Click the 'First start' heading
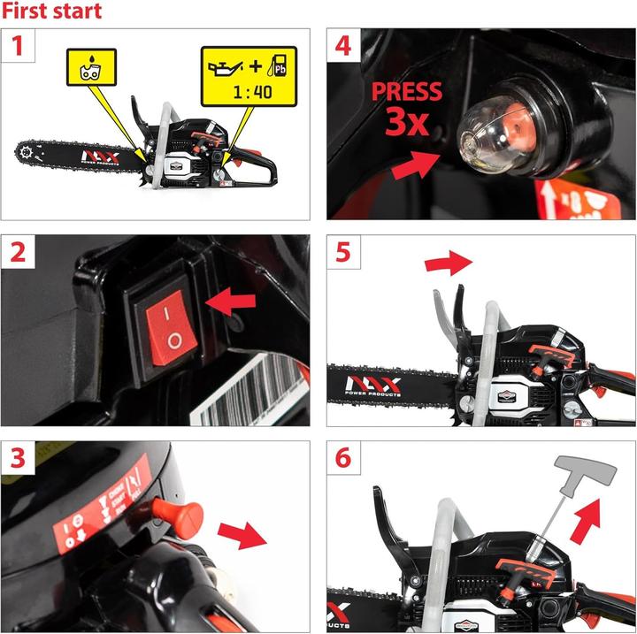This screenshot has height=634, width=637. tap(51, 11)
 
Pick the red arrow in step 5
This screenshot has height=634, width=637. tap(449, 263)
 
